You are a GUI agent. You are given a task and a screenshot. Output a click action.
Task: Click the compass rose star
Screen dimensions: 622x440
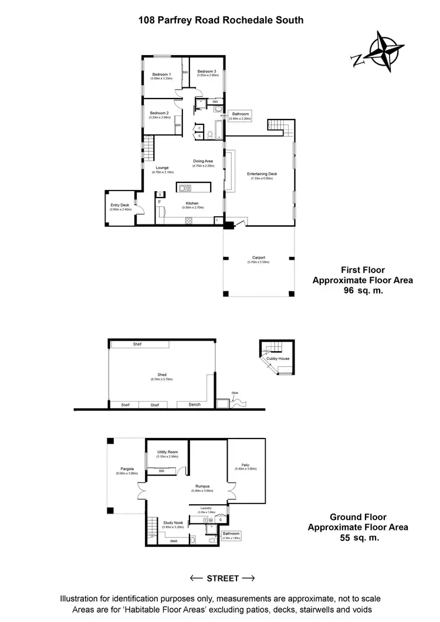[x=384, y=53]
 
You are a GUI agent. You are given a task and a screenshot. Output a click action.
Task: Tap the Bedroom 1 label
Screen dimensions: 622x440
[x=161, y=74]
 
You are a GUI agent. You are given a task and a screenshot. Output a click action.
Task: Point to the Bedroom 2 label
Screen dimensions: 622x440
[x=159, y=113]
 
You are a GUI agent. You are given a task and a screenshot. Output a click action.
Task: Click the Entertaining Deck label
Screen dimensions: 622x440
[x=262, y=175]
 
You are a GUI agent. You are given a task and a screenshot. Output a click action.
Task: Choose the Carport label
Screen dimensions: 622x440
[x=259, y=257]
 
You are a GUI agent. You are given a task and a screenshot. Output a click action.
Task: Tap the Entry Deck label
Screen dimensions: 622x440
[x=119, y=205]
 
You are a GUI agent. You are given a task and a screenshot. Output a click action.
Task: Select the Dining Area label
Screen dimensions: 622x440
[x=203, y=161]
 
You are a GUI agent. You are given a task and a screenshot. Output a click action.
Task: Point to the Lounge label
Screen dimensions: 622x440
[x=162, y=168]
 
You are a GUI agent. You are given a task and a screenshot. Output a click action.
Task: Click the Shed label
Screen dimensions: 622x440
[x=162, y=375]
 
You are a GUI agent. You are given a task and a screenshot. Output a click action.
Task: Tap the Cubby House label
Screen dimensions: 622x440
[x=279, y=358]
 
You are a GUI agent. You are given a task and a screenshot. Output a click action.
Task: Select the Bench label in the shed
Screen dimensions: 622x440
[x=194, y=405]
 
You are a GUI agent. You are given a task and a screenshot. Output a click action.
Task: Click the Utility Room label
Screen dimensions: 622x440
[x=167, y=452]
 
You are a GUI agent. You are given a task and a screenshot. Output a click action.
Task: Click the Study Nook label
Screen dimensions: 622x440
[x=173, y=522]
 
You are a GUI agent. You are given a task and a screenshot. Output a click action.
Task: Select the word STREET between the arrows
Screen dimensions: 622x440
[x=222, y=578]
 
